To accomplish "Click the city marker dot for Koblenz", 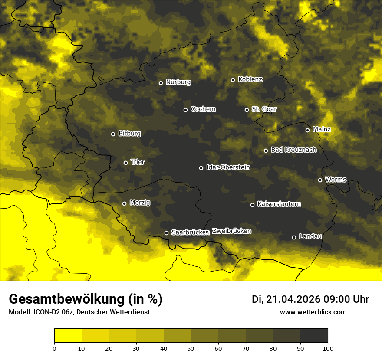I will click(x=233, y=80).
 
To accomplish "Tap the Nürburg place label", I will click(x=178, y=82).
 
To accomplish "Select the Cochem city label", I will click(x=203, y=109).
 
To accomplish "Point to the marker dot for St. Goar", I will click(x=247, y=110).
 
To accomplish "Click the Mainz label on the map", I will click(x=321, y=129).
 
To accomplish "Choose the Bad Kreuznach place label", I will click(x=293, y=150).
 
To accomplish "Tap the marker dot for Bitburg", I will click(x=113, y=134).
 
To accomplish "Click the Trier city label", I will click(x=138, y=162).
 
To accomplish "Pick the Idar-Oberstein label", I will click(x=228, y=167).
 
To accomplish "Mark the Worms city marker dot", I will click(x=320, y=180).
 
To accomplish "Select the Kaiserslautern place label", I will click(x=279, y=204).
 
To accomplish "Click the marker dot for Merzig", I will click(x=124, y=203).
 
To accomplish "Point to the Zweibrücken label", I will click(x=231, y=231).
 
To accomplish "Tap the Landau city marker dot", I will click(x=294, y=237).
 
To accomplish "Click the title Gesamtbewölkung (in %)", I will click(x=86, y=299).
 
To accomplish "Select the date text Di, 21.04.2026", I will click(x=286, y=299).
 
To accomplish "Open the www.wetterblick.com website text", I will click(x=313, y=312).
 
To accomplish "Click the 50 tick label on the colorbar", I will click(x=191, y=348).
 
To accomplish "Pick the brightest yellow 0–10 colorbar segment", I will click(x=68, y=335).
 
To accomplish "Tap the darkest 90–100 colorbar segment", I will click(x=314, y=335).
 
